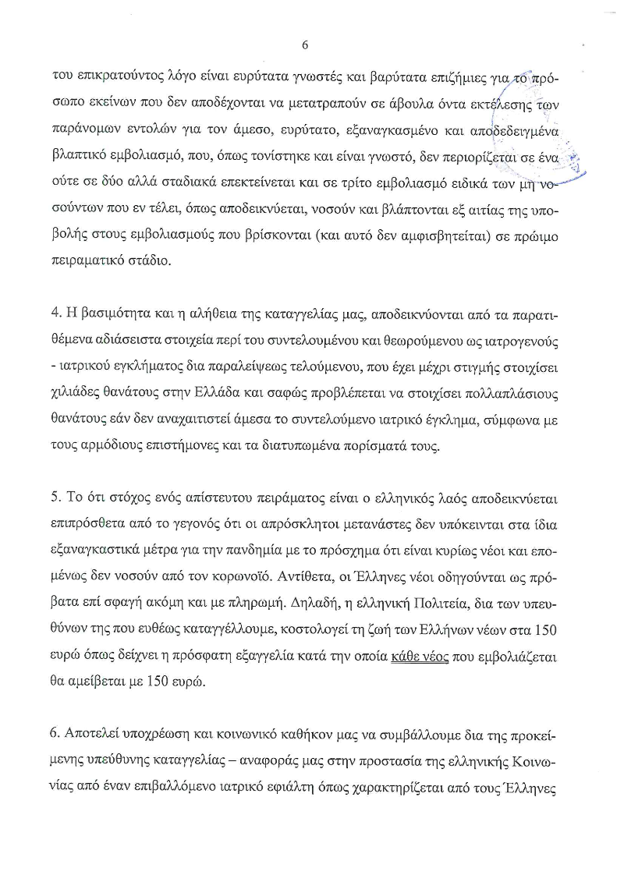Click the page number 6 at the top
coord(305,45)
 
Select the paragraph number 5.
coord(55,497)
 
